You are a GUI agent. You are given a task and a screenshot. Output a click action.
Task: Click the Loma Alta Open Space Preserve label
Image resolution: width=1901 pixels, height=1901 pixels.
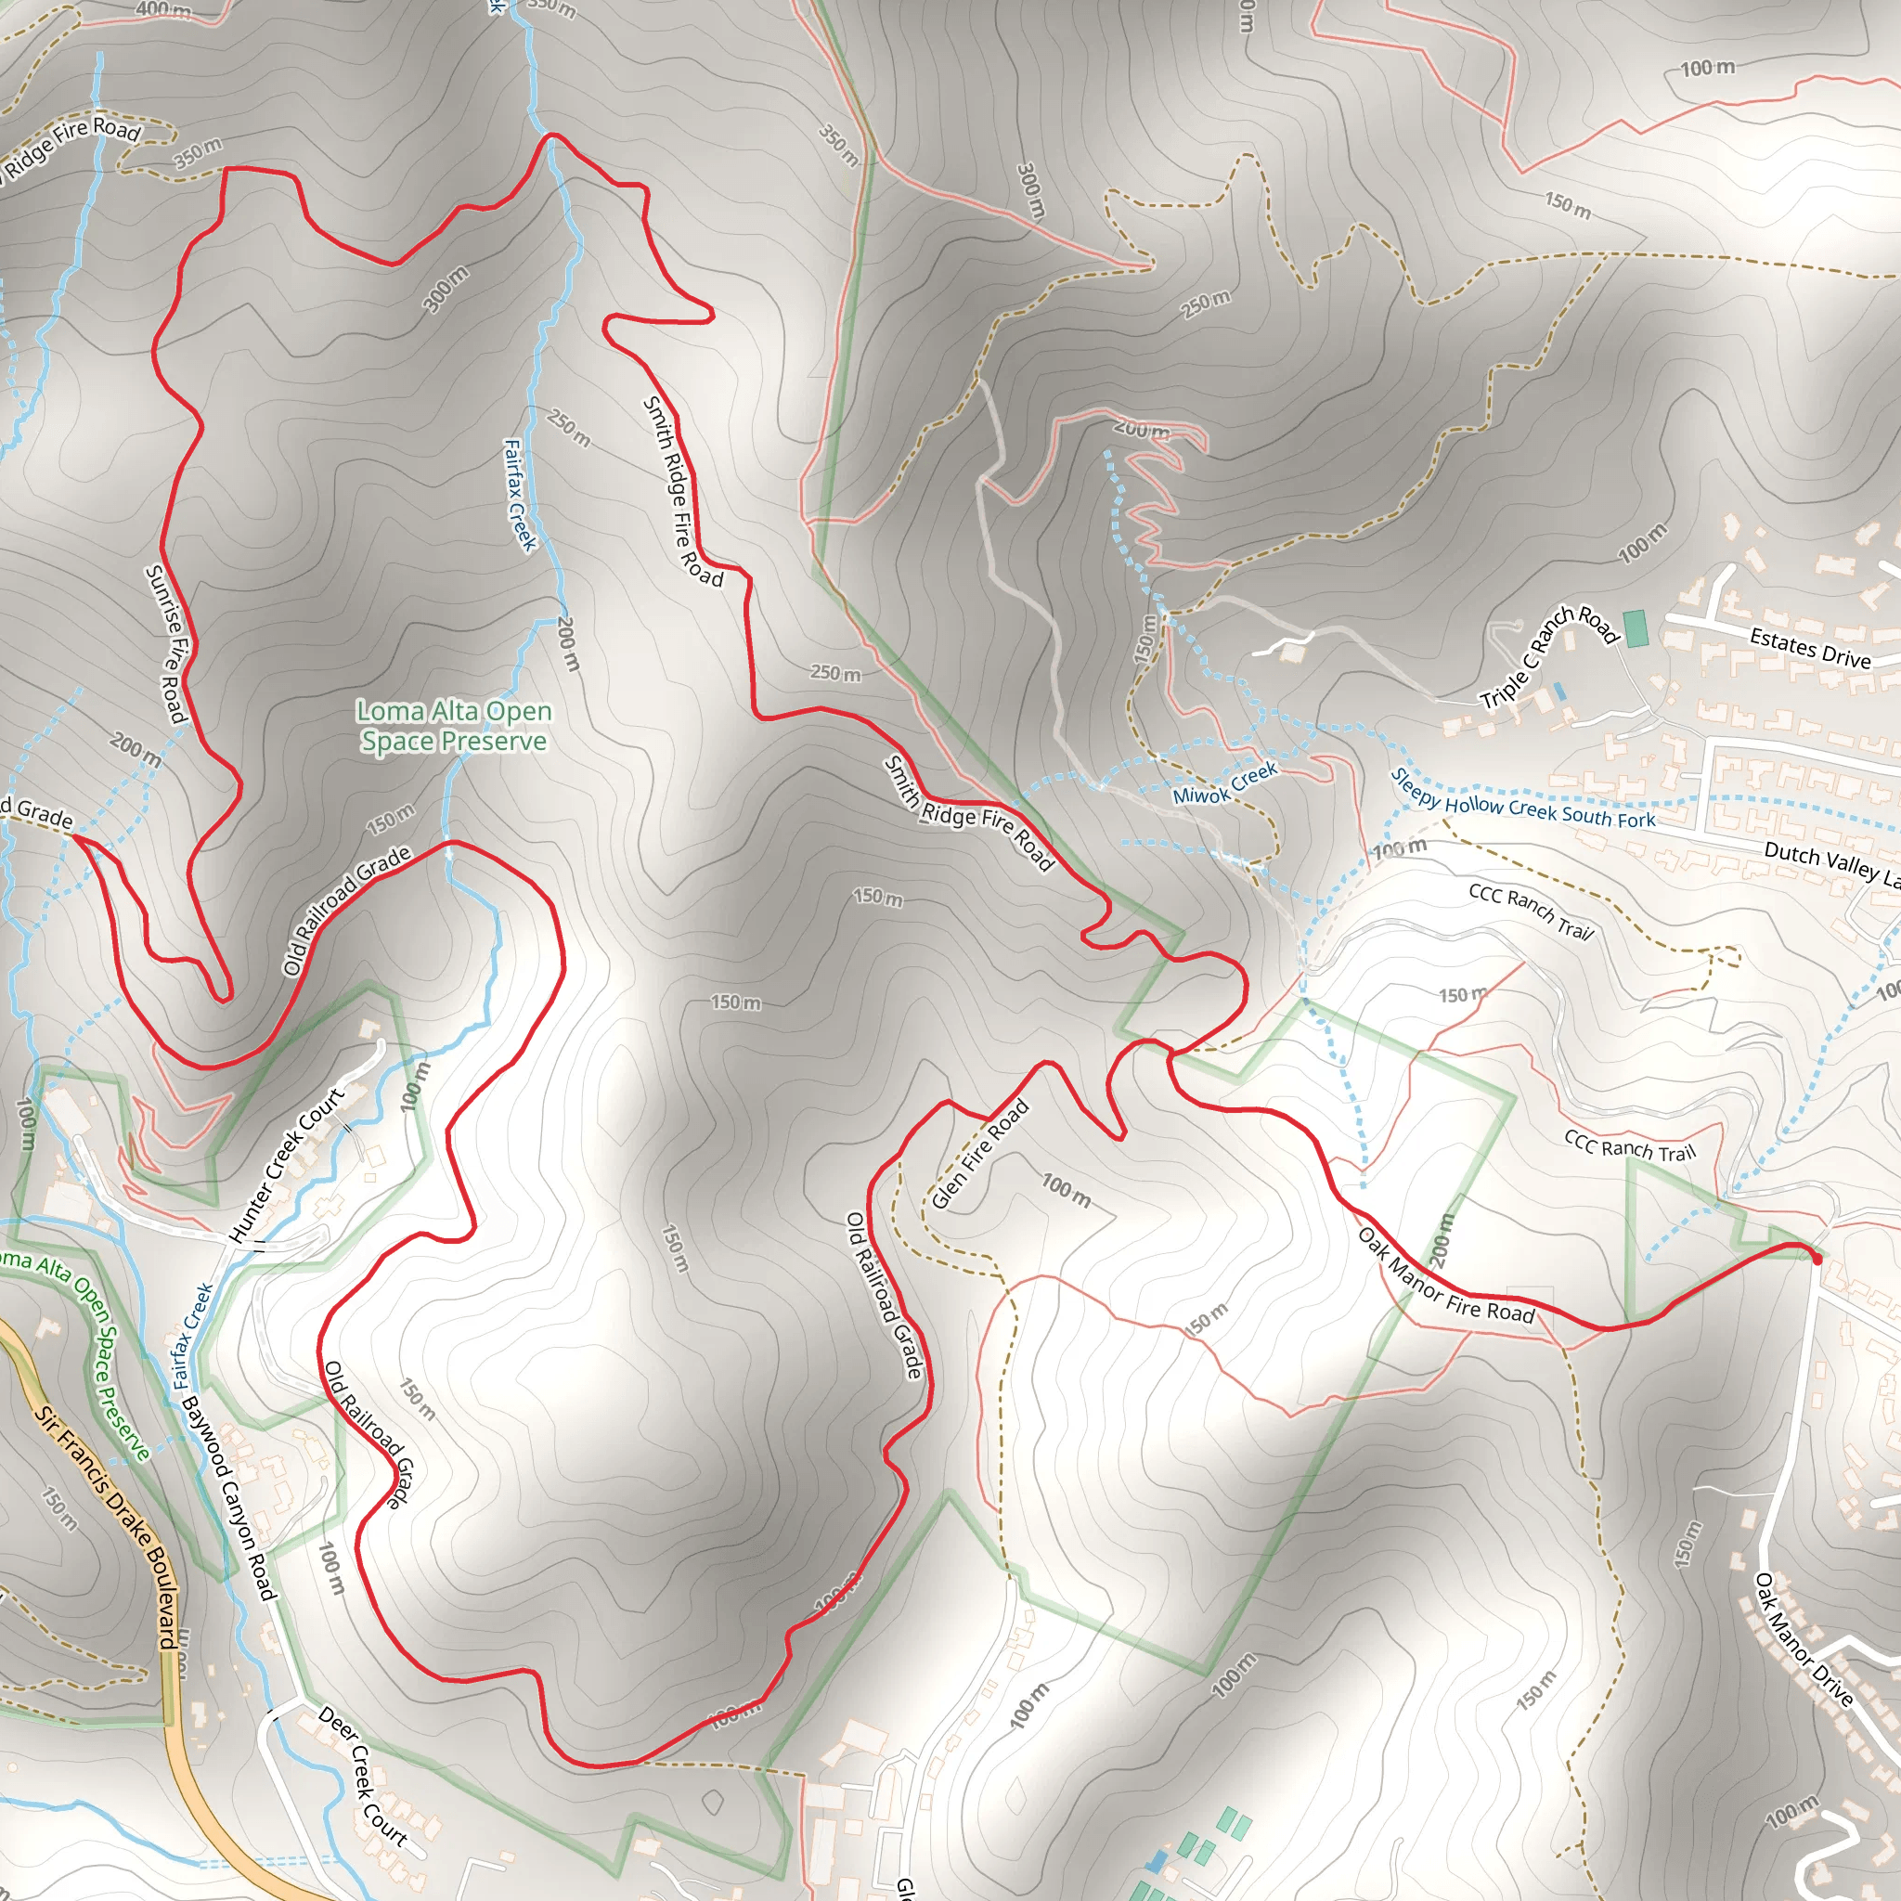(x=454, y=725)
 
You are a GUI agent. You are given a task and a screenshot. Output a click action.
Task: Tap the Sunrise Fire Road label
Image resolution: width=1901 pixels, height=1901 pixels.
(x=166, y=643)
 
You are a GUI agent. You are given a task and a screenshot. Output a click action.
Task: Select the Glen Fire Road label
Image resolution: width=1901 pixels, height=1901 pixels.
(x=979, y=1153)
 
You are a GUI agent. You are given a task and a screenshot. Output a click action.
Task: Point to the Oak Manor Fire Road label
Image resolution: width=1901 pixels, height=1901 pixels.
(x=1445, y=1275)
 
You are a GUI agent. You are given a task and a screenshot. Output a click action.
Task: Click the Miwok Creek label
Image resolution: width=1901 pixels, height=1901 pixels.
(x=1225, y=782)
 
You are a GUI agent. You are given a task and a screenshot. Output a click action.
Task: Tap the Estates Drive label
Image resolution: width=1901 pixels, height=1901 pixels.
(x=1809, y=649)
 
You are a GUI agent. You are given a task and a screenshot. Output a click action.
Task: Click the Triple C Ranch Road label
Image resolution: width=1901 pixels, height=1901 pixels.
(x=1550, y=656)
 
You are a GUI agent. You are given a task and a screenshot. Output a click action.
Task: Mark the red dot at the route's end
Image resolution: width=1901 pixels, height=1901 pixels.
(x=1817, y=1259)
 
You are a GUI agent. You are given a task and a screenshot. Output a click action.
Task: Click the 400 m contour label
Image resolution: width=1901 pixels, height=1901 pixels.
(x=163, y=10)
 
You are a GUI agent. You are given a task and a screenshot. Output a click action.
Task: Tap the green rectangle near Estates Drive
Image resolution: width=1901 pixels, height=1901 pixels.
(x=1636, y=628)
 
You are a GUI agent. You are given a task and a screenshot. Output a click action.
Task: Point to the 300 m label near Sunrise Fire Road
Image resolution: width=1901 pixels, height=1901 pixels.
(x=446, y=290)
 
